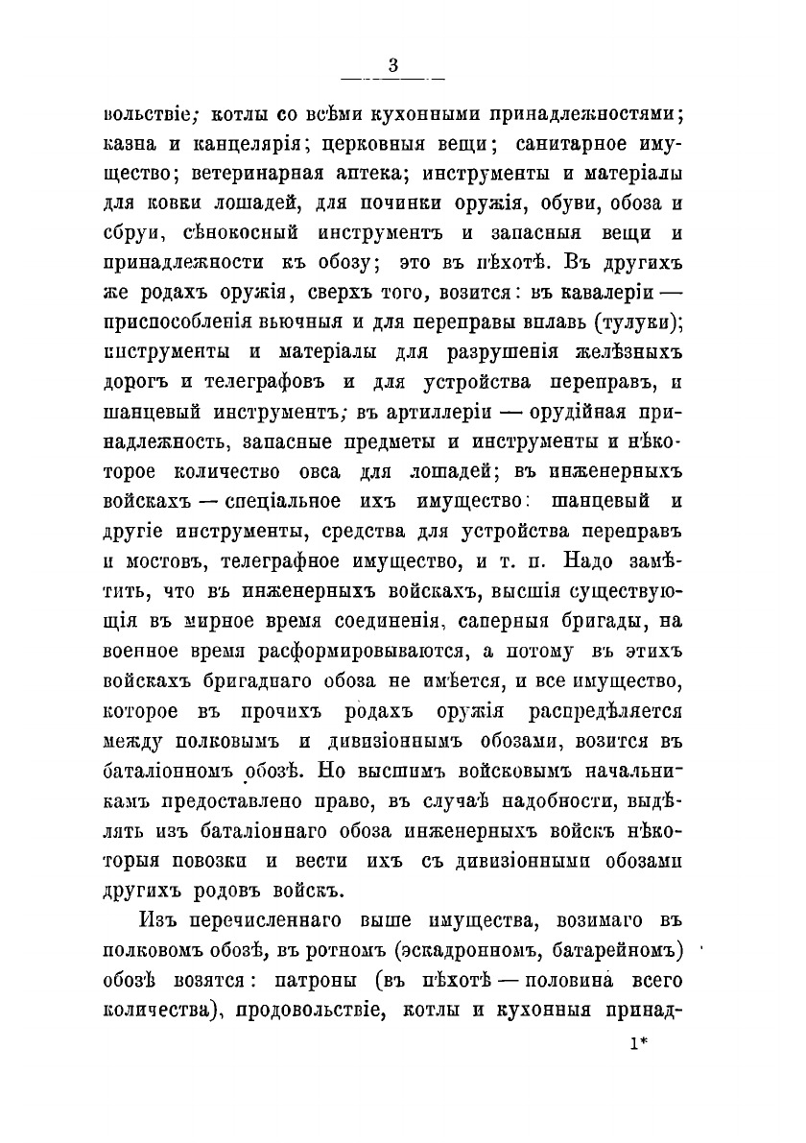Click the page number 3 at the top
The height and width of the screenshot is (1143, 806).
[393, 65]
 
